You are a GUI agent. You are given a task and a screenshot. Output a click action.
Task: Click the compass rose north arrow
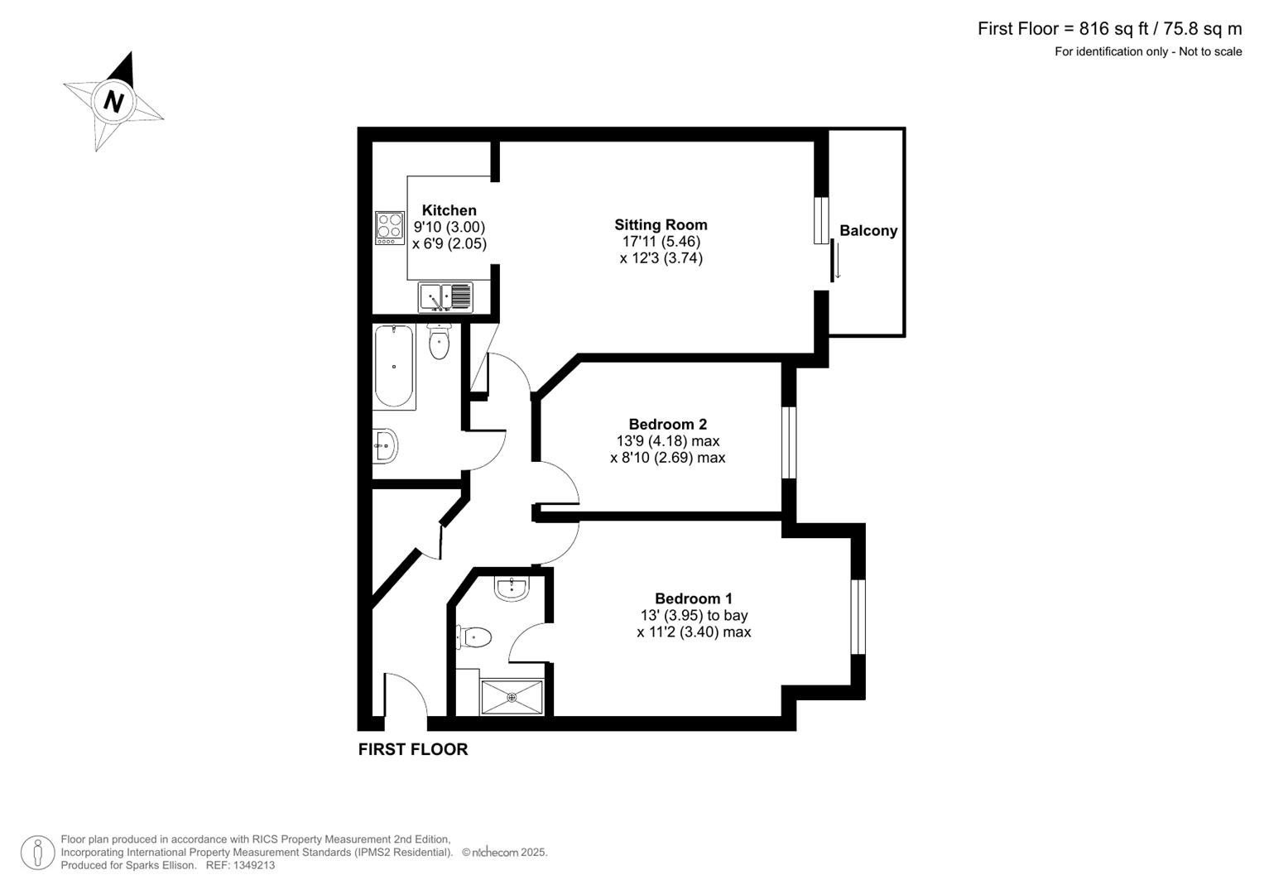tap(113, 101)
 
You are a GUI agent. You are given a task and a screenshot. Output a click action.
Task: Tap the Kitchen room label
tap(449, 210)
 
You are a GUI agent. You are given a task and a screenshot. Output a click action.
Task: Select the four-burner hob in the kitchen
tap(390, 228)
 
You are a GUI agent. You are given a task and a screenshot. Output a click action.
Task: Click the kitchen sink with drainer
tap(445, 297)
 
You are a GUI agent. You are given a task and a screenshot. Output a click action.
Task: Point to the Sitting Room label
tap(661, 224)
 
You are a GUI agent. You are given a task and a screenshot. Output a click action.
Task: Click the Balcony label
tap(868, 231)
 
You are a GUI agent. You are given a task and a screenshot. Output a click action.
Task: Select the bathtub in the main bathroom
tap(394, 366)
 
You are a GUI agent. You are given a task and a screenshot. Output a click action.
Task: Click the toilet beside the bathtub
tap(439, 342)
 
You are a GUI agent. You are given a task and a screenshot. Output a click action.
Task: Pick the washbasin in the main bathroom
tap(385, 445)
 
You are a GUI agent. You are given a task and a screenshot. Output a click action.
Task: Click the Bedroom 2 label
tap(667, 424)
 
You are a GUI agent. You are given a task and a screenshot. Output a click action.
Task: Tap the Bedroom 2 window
tap(789, 442)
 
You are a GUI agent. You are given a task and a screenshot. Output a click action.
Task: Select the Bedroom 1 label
tap(693, 598)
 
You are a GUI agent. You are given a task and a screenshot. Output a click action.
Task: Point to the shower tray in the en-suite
tap(512, 698)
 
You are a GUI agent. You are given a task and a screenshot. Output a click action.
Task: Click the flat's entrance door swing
tap(406, 695)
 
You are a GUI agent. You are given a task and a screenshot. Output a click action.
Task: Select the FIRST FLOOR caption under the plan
tap(412, 749)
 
